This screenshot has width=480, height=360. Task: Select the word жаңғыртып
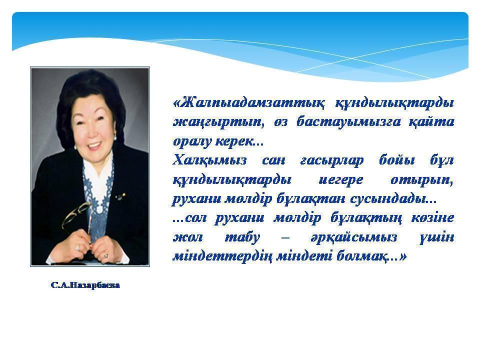coord(217,122)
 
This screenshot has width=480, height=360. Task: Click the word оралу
coord(192,141)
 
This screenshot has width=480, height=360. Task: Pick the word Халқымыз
coord(209,160)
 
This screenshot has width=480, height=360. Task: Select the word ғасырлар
coord(332,161)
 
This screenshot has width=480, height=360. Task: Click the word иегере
coord(340,179)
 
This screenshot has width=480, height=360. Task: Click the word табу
coord(242,237)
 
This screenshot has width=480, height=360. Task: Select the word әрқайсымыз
coord(354,237)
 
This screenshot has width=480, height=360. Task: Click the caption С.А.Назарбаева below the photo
coord(85,285)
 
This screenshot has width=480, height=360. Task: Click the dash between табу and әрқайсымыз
coord(285,237)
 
